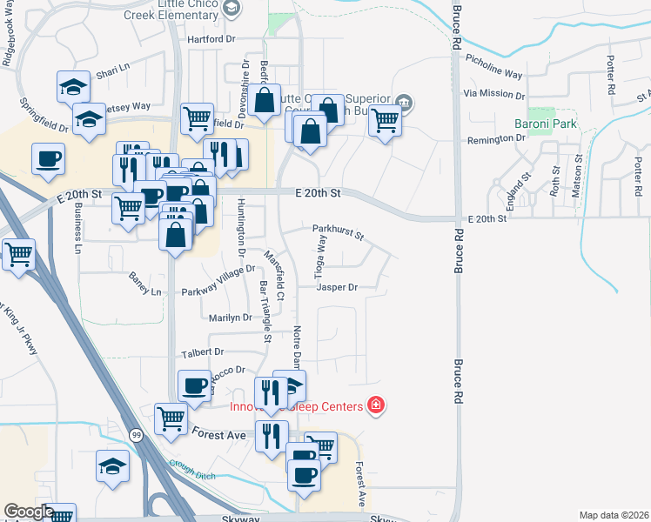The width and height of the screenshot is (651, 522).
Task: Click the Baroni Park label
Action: pos(546,124)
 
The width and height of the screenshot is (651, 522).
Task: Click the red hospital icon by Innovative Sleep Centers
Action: pos(376,405)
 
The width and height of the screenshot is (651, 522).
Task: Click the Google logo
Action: pos(29,512)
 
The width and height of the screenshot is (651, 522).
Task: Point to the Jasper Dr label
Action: pos(337,286)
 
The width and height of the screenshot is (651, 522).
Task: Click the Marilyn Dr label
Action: pos(230,318)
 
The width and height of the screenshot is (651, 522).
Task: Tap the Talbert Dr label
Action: pos(203,352)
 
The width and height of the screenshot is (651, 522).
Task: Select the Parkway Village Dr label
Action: pos(218,280)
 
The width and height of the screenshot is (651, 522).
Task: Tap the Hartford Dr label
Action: pos(211,40)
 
